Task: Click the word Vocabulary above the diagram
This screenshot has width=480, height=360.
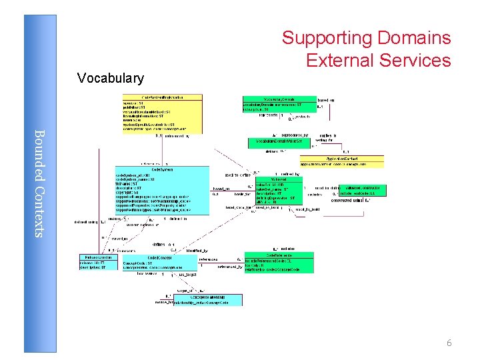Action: click(110, 79)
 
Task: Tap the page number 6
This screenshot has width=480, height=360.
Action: click(449, 343)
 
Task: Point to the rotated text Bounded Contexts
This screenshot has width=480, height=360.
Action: click(39, 183)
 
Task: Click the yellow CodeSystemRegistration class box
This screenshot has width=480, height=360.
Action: click(162, 113)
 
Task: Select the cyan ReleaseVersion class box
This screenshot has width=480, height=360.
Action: click(98, 263)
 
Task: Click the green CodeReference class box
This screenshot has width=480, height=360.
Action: click(279, 262)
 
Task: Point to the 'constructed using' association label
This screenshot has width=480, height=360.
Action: click(346, 200)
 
